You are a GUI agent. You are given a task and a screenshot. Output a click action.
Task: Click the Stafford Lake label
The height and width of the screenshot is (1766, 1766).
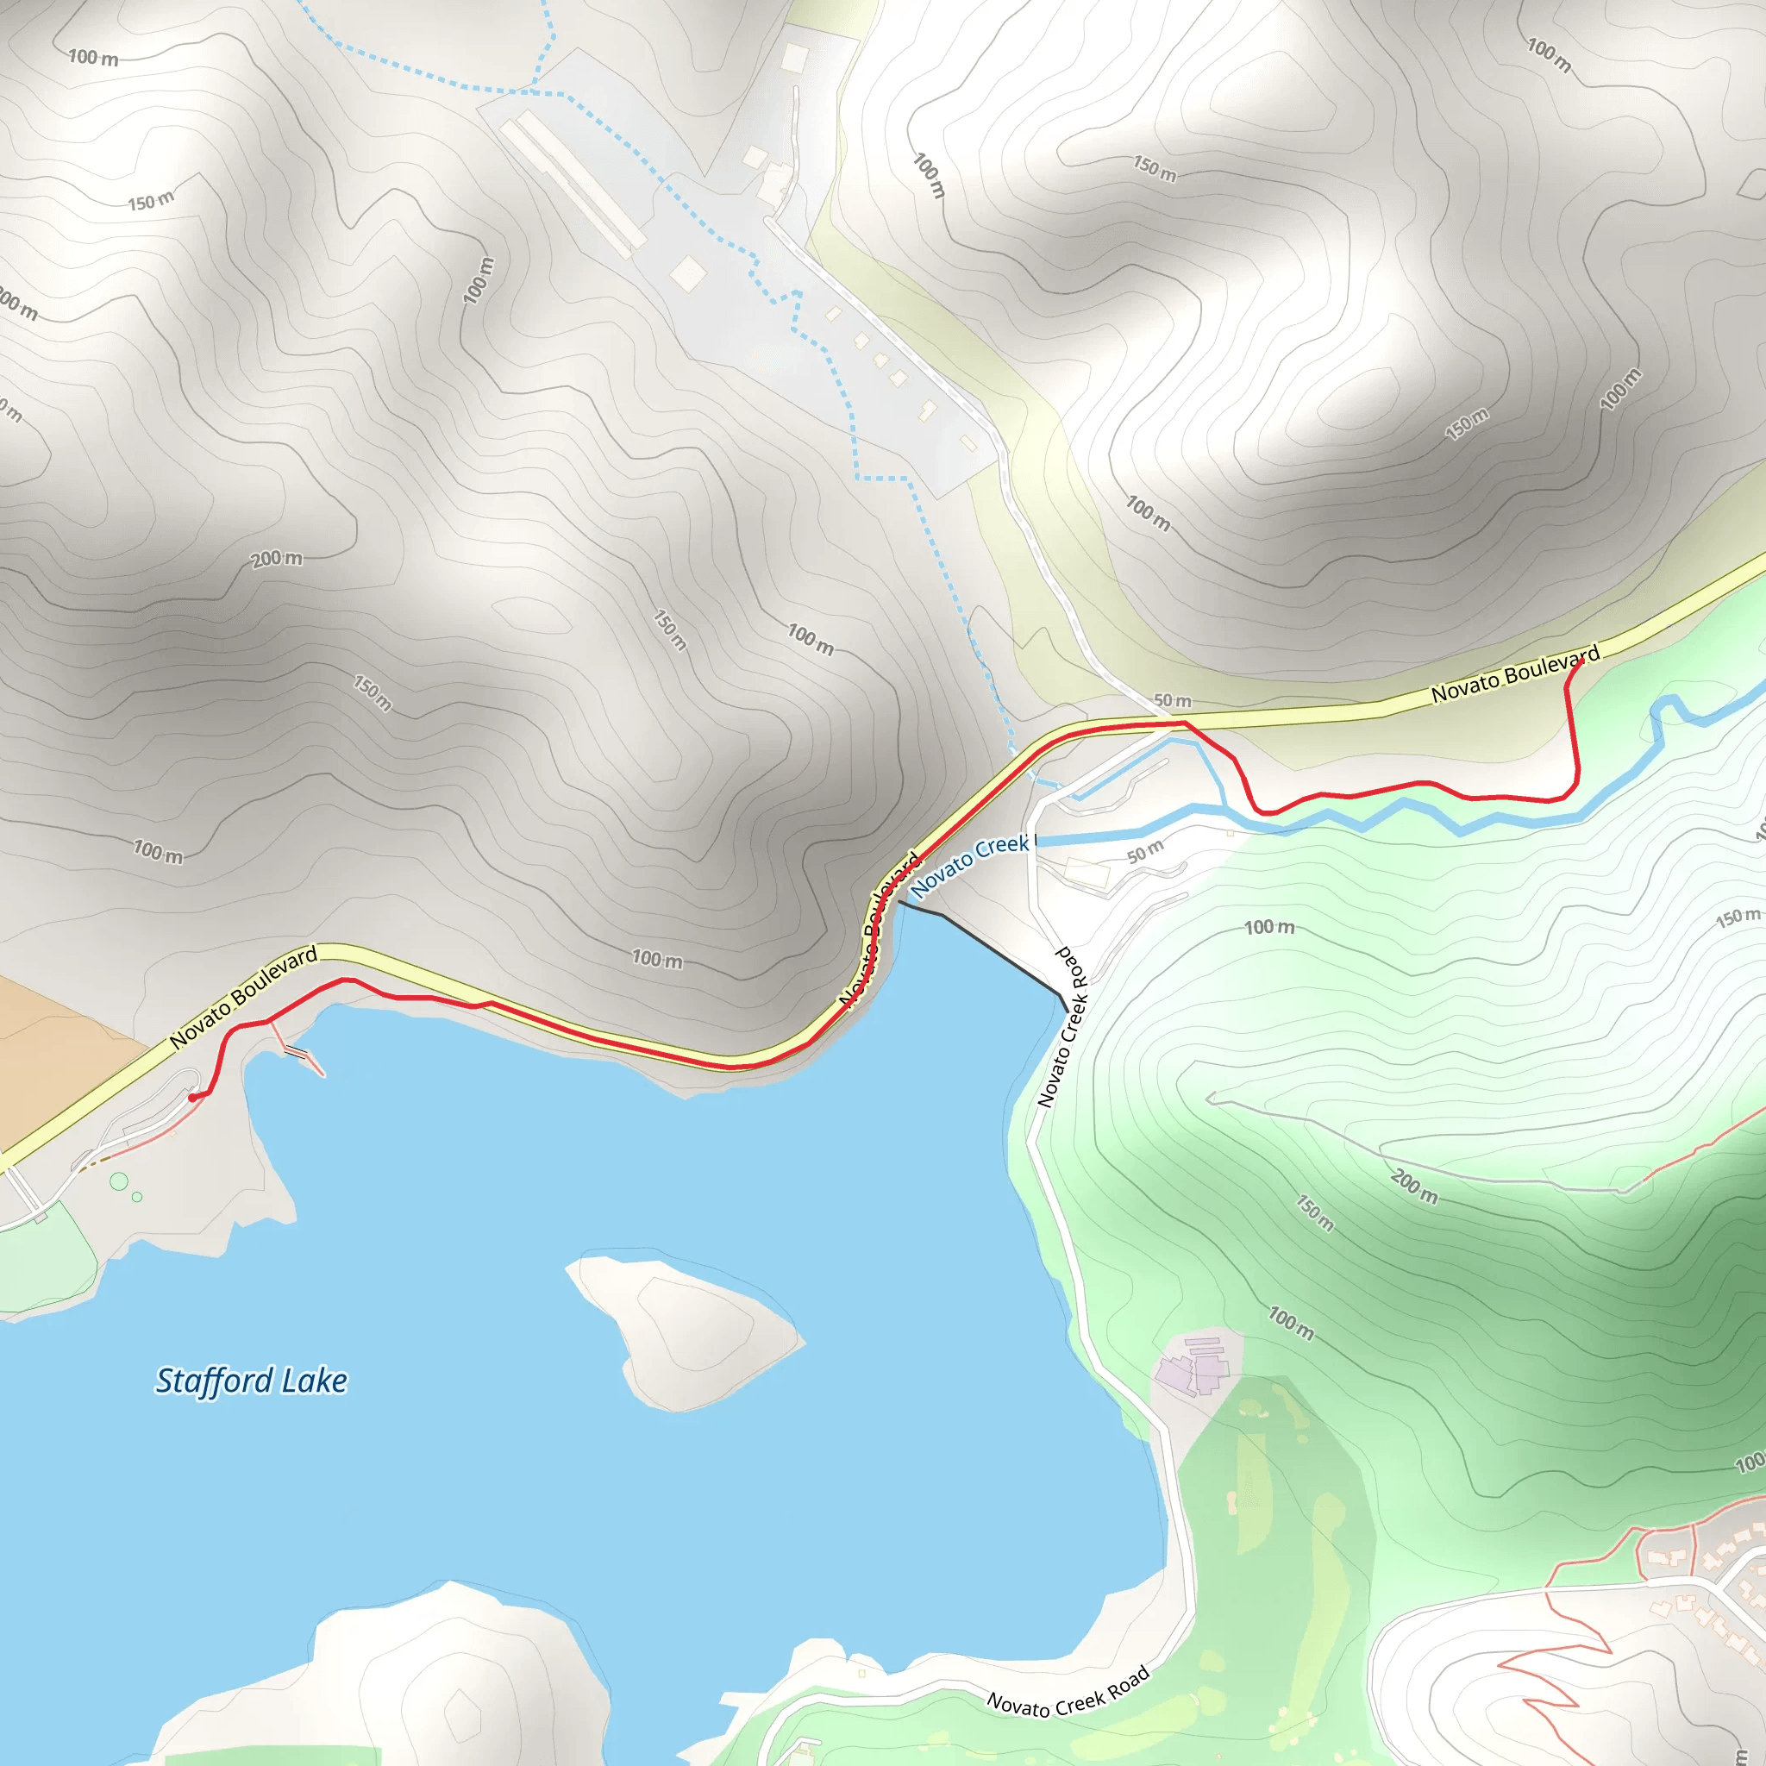coord(252,1381)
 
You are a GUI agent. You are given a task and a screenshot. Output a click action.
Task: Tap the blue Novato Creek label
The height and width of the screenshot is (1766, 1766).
coord(969,864)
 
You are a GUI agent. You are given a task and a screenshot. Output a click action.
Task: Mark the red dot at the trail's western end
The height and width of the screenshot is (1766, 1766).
coord(192,1097)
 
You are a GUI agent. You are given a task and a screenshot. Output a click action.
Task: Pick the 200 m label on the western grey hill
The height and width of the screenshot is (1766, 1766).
coord(277,558)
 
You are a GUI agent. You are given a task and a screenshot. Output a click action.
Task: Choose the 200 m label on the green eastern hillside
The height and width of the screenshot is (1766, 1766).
coord(1414,1187)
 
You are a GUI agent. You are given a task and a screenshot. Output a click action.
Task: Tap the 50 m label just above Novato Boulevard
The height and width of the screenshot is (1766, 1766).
coord(1172,701)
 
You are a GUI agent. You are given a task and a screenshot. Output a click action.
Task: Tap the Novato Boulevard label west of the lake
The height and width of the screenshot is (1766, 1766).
coord(244,995)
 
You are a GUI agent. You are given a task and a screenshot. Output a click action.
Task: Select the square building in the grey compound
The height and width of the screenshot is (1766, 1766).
coord(687,272)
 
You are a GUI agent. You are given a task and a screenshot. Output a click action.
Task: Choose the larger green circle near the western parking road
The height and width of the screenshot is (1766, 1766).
coord(119,1181)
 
